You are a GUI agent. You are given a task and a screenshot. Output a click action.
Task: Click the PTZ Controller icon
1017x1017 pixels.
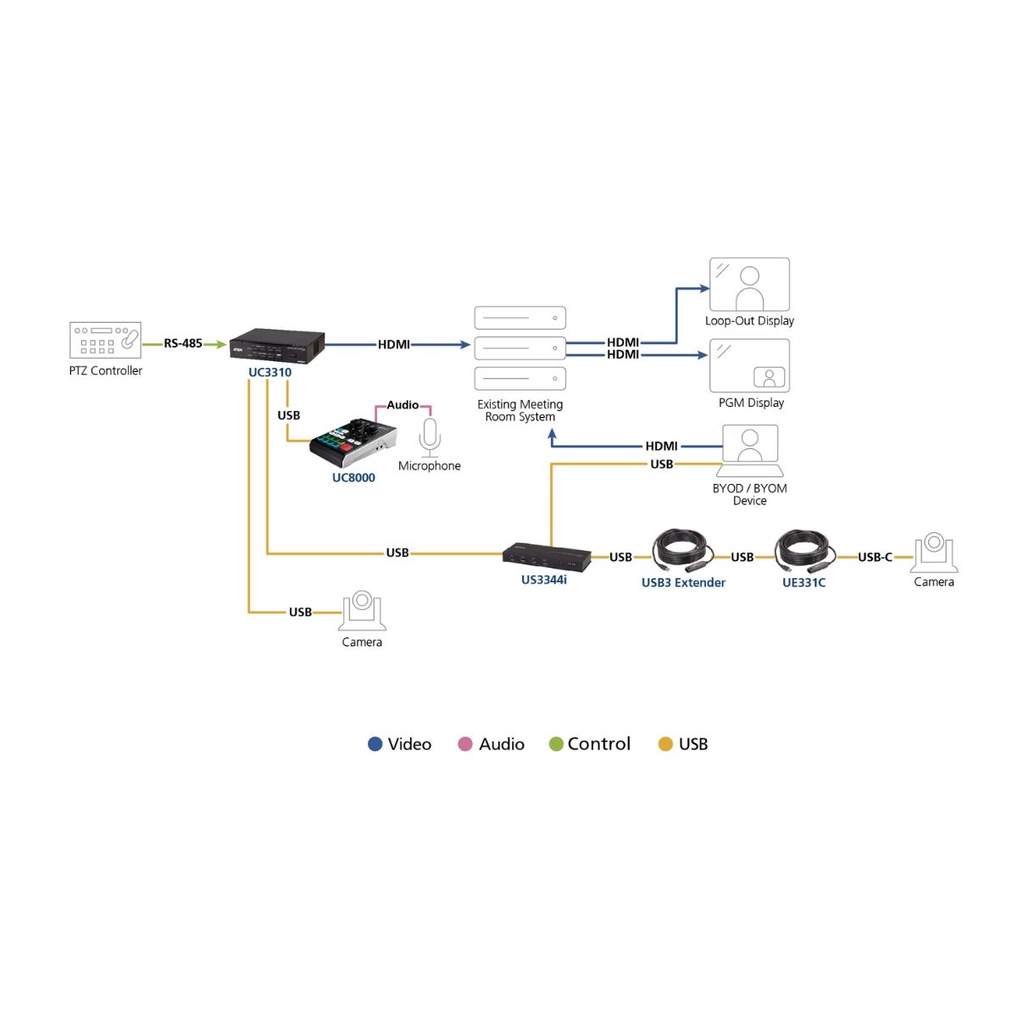click(105, 340)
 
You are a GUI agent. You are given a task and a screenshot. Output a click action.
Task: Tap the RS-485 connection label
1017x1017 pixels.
click(183, 343)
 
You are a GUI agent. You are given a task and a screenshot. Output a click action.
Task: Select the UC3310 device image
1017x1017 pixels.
click(277, 346)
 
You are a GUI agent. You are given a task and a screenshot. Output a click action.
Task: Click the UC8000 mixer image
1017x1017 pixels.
click(353, 442)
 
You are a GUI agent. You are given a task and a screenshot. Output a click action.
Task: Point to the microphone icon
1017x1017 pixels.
click(430, 436)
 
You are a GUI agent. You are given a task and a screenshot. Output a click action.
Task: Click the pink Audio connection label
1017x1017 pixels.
click(403, 405)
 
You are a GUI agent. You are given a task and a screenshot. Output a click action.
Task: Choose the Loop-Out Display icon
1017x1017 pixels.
click(749, 285)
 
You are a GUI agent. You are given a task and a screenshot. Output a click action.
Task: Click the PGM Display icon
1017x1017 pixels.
click(749, 366)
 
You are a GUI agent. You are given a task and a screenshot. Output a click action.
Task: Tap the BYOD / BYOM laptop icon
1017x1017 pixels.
click(750, 450)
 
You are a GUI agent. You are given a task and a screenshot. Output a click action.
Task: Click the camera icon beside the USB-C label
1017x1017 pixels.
click(934, 553)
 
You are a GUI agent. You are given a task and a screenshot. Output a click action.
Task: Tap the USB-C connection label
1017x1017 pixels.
click(875, 557)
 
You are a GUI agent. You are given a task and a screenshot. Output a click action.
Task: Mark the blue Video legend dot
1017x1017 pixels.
click(375, 744)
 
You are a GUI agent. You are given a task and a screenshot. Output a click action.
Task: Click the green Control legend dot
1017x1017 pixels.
click(556, 744)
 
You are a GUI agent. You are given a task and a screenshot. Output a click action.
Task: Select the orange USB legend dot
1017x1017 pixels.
click(665, 744)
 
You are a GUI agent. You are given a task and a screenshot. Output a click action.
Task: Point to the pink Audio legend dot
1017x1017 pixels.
click(464, 744)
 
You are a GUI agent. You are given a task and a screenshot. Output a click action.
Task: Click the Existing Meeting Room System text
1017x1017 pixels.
click(520, 410)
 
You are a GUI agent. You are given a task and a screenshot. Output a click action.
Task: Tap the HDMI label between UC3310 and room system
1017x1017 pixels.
click(394, 344)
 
